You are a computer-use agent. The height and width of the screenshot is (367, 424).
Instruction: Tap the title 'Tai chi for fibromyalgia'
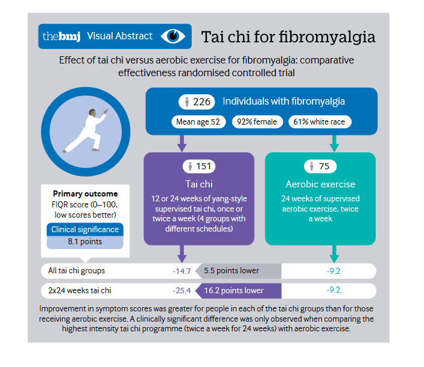pos(288,36)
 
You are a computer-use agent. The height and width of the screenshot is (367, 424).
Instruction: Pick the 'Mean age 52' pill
pos(198,122)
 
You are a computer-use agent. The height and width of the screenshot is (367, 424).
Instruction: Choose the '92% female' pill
pos(257,122)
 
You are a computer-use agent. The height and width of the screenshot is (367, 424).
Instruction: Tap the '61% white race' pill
pos(319,122)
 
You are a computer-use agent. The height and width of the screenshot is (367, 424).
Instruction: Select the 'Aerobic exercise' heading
pos(320,184)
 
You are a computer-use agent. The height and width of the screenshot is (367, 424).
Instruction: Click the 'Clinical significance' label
pos(85,229)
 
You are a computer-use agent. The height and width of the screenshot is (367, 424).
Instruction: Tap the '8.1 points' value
pos(85,242)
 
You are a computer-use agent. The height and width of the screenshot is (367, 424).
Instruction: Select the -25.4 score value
pos(181,291)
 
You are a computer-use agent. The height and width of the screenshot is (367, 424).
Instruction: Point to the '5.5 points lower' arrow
pos(238,271)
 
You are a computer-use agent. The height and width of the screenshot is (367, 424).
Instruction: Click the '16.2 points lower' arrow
pos(238,291)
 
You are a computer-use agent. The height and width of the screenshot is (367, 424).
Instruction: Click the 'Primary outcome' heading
pos(85,194)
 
